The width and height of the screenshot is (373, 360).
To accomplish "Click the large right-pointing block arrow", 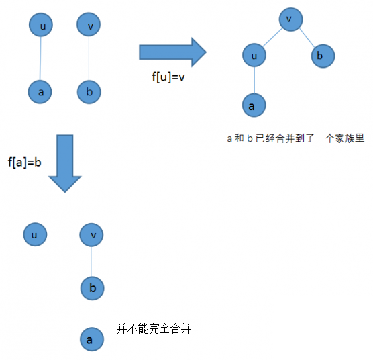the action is (x=172, y=52).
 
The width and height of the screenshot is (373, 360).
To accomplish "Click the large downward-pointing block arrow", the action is (x=65, y=163).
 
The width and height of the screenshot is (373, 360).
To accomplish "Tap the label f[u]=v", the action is (x=168, y=77).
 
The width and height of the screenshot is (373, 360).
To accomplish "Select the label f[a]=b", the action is (x=25, y=163).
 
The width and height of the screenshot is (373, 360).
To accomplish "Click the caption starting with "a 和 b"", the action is (x=296, y=138).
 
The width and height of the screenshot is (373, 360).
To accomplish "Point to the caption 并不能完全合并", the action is (x=154, y=329).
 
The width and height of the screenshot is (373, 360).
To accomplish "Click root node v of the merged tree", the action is (x=291, y=19).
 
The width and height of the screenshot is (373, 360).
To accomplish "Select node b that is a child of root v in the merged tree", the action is (x=323, y=56).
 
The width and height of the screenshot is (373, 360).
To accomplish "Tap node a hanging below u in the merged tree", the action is (x=254, y=105).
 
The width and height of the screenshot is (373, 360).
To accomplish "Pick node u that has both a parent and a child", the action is (x=254, y=55).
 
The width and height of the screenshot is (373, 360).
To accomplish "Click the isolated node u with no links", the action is (x=35, y=234).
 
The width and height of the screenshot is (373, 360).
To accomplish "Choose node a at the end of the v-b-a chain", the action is (x=92, y=339).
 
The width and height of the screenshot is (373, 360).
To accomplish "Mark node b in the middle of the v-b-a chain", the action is (x=93, y=288).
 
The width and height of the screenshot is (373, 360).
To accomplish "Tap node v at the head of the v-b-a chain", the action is (x=91, y=235).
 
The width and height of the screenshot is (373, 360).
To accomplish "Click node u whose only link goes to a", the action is (x=41, y=25).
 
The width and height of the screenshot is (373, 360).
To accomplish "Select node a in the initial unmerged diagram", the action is (x=40, y=92).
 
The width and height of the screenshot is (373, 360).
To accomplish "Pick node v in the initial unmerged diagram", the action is (x=89, y=24).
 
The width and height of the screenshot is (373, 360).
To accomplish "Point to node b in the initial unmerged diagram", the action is (x=89, y=92).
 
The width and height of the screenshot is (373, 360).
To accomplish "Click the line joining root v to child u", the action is (x=272, y=37).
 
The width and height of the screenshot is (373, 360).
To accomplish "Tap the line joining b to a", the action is (x=93, y=314).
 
